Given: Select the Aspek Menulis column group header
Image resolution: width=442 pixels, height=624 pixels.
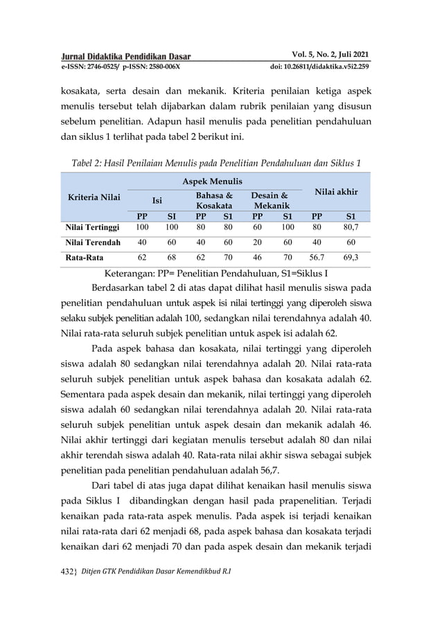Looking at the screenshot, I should pyautogui.click(x=212, y=181).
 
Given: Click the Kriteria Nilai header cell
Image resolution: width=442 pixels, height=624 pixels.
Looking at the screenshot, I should pyautogui.click(x=94, y=197).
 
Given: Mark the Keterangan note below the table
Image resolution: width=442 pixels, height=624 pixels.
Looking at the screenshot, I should pyautogui.click(x=215, y=273).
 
